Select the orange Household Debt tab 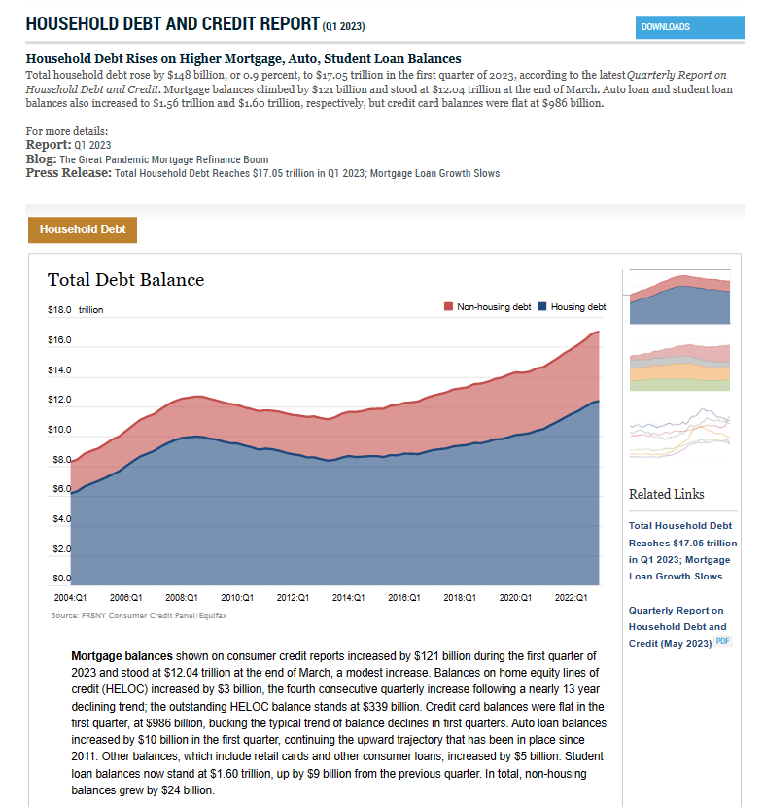(83, 229)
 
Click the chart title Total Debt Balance (125, 280)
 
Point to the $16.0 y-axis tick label (59, 340)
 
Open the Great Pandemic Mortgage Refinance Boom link (163, 159)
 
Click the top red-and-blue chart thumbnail (679, 296)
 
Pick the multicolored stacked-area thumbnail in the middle (679, 366)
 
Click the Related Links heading (666, 494)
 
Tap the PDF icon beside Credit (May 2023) (722, 642)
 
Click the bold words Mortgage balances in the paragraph (122, 656)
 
